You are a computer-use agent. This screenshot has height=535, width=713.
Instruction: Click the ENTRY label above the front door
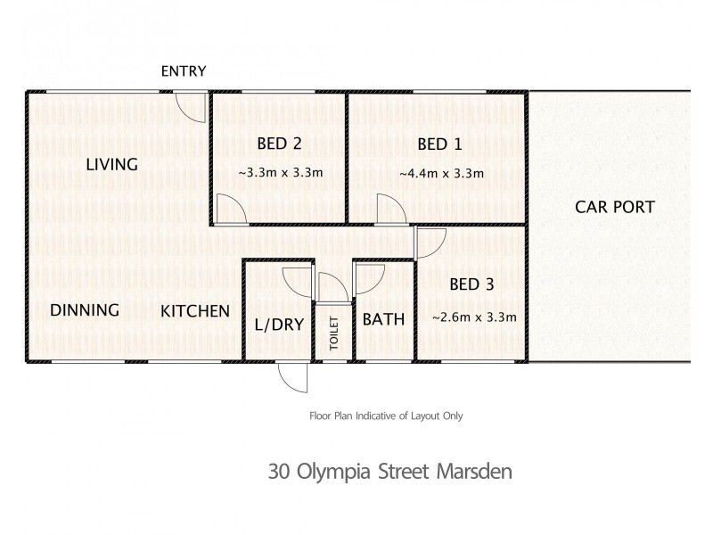(184, 72)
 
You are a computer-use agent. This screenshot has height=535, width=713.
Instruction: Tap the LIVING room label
(111, 165)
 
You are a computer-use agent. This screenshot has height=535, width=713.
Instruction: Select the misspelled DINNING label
(84, 310)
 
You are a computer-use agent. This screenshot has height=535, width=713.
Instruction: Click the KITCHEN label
(195, 311)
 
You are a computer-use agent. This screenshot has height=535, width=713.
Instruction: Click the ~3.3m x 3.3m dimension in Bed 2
(279, 173)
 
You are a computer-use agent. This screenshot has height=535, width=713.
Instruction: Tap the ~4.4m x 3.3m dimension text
(441, 173)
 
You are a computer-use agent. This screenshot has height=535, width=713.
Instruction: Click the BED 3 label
(471, 285)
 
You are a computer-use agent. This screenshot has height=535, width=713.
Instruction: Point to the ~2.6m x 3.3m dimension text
(474, 317)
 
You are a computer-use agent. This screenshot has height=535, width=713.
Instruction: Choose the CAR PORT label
(615, 208)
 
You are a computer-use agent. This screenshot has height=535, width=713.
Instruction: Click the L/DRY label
(279, 325)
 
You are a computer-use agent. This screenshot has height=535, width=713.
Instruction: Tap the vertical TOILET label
(335, 333)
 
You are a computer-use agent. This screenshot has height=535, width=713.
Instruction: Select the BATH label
(383, 319)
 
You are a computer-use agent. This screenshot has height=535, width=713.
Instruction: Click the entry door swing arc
(190, 108)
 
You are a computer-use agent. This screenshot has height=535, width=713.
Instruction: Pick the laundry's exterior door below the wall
(291, 379)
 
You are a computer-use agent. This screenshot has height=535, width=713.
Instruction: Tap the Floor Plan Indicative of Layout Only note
(386, 416)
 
